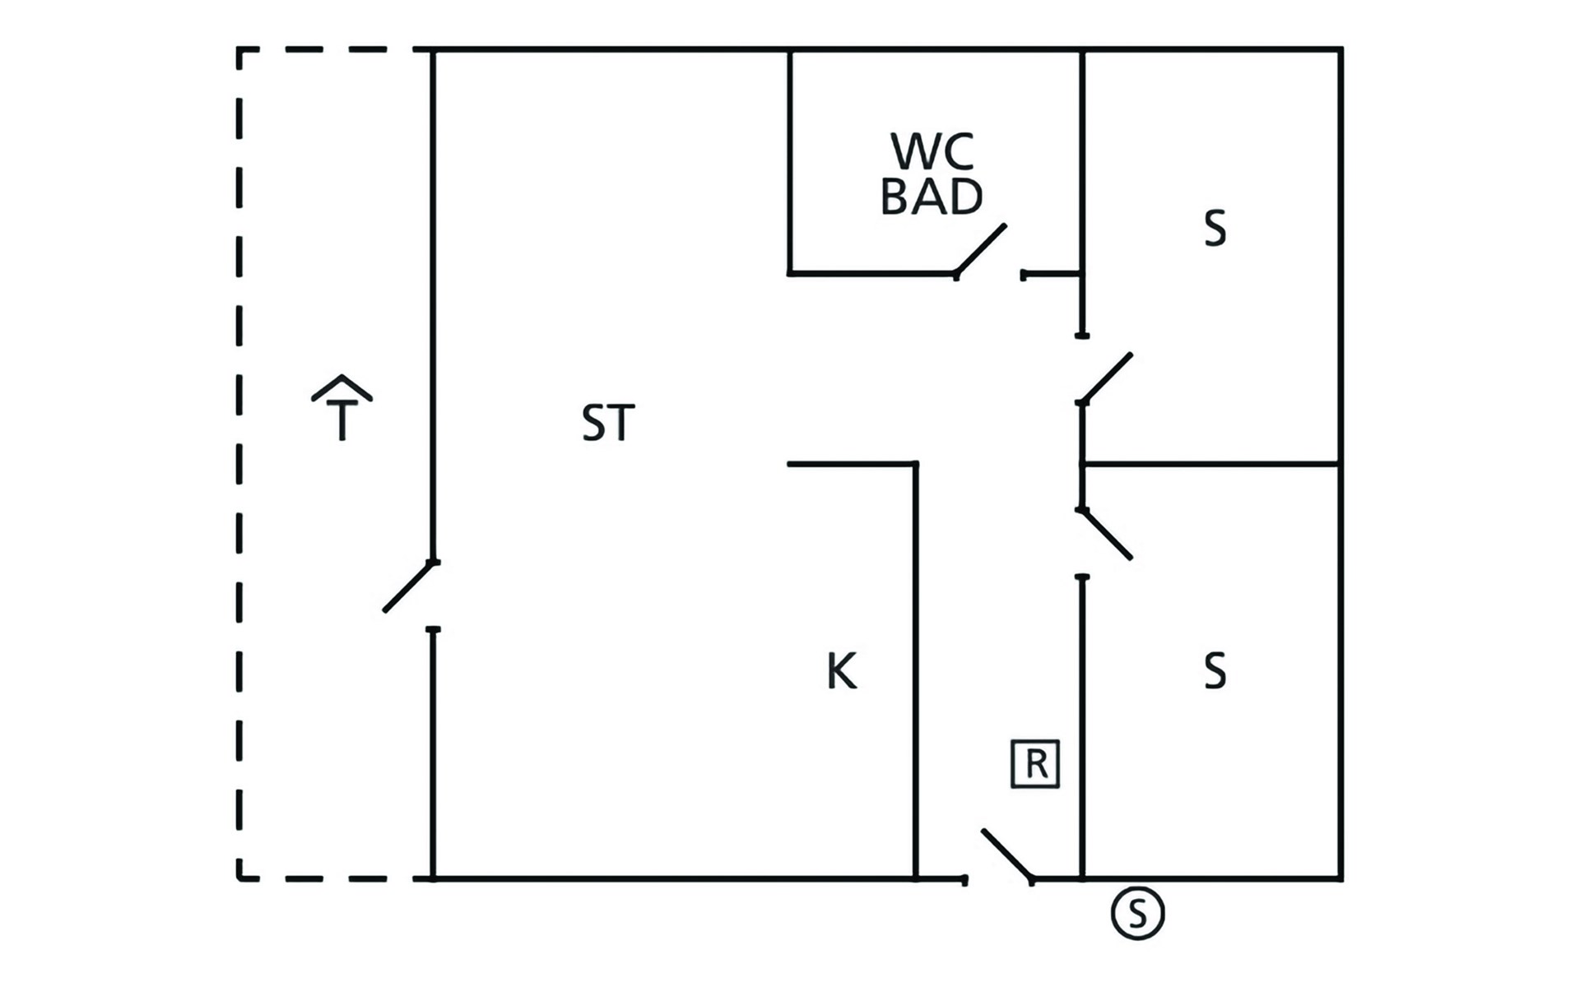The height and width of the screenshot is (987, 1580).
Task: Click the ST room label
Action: pyautogui.click(x=608, y=423)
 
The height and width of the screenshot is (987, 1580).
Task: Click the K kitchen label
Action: pyautogui.click(x=842, y=671)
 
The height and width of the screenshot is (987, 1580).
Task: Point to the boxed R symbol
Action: pyautogui.click(x=1035, y=764)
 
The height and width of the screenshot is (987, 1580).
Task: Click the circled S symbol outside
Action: pyautogui.click(x=1137, y=913)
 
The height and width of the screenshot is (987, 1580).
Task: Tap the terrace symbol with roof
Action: pyautogui.click(x=342, y=408)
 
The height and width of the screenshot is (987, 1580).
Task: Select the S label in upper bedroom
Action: pyautogui.click(x=1215, y=229)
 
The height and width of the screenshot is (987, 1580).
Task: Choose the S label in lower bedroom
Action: pyautogui.click(x=1215, y=671)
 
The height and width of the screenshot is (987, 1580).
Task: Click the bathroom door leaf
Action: pyautogui.click(x=981, y=249)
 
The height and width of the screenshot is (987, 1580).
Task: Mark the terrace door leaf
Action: pyautogui.click(x=409, y=587)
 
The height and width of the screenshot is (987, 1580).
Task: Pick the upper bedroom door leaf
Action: pyautogui.click(x=1107, y=378)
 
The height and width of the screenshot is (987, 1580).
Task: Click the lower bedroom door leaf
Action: pyautogui.click(x=1107, y=535)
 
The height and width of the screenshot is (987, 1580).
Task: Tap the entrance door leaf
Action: pyautogui.click(x=1007, y=855)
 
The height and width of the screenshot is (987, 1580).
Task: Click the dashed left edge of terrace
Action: pyautogui.click(x=239, y=461)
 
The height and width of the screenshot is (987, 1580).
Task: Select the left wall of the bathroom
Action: pyautogui.click(x=789, y=161)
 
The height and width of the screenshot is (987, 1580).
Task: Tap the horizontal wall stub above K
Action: pyautogui.click(x=852, y=464)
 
